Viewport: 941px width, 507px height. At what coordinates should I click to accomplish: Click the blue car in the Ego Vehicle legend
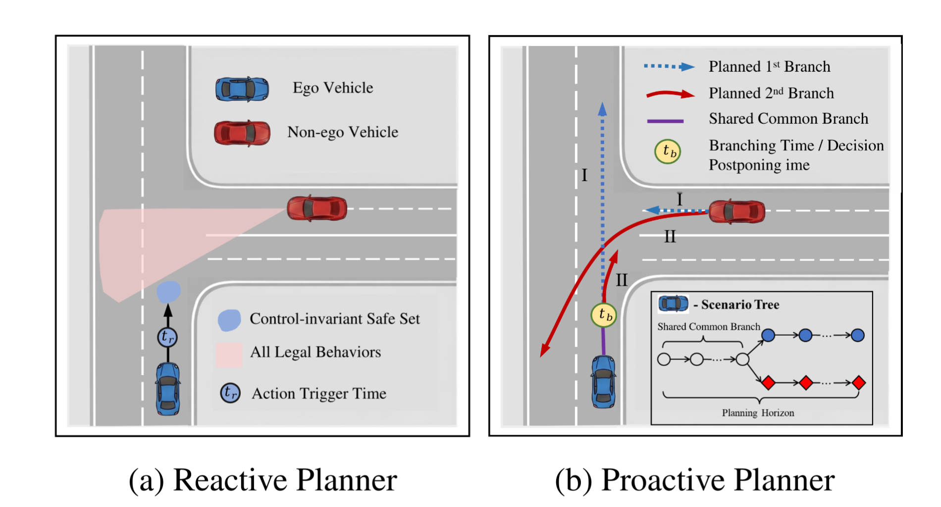point(242,89)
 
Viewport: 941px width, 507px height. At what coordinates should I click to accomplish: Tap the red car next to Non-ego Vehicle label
point(242,133)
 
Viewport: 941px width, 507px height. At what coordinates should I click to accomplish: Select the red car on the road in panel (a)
point(317,208)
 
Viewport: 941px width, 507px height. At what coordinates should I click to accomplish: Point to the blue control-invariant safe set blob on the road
point(169,292)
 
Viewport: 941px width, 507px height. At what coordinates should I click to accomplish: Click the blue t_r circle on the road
point(167,337)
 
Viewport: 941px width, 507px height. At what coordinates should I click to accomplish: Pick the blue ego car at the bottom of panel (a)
point(168,389)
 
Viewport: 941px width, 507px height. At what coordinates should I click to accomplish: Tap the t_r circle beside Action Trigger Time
point(230,393)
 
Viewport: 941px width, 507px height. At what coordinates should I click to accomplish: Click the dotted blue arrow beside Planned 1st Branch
point(669,67)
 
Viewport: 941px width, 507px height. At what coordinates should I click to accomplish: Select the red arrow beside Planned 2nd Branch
point(670,94)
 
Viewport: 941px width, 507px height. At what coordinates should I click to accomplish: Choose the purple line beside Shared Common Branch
point(665,121)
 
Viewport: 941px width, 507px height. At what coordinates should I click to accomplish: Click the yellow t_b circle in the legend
point(668,152)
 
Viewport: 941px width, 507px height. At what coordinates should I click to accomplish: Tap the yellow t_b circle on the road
point(604,315)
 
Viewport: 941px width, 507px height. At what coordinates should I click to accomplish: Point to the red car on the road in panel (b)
point(736,211)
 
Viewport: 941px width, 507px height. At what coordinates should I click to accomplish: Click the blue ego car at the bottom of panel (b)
point(603,381)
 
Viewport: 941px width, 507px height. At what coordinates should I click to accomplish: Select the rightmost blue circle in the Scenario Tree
point(857,335)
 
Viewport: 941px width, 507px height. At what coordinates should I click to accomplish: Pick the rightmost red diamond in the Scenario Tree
point(859,383)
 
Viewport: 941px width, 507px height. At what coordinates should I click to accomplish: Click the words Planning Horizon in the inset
point(758,413)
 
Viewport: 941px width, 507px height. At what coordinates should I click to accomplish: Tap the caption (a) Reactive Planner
point(262,480)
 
